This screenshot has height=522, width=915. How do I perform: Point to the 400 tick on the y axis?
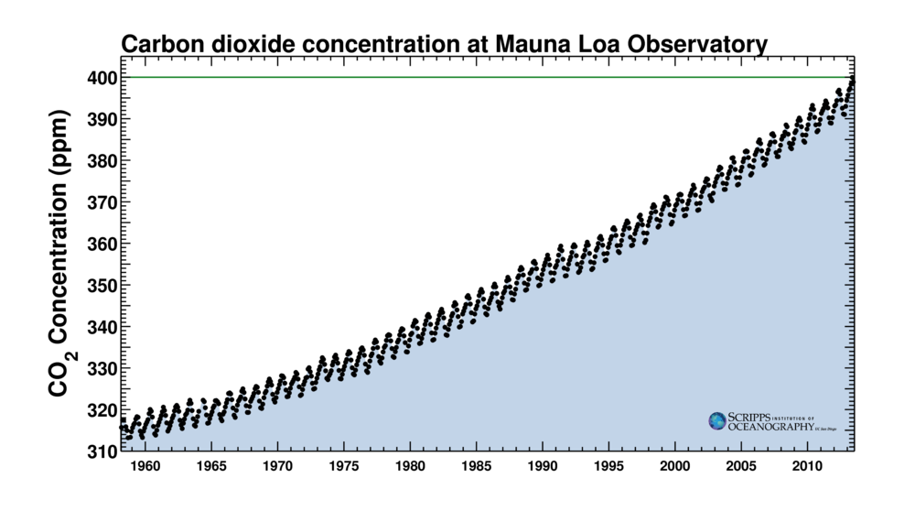point(101,78)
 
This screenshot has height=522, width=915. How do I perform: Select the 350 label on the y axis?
point(101,285)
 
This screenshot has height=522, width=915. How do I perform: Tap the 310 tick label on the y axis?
point(101,451)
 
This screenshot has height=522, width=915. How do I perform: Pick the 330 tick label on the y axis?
point(101,368)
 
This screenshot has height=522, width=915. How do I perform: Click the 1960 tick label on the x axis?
point(145,467)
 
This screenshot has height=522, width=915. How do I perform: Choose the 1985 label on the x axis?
point(477,467)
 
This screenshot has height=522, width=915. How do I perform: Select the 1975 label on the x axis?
point(344,467)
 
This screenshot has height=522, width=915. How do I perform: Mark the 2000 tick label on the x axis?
point(675,467)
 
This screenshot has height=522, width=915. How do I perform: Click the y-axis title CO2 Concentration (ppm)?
point(60,265)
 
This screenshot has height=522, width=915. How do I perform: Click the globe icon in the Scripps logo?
point(717,420)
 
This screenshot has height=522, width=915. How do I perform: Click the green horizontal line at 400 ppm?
point(457,77)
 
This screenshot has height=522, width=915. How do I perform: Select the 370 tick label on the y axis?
point(101,202)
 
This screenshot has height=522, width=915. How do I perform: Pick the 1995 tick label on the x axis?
point(609,467)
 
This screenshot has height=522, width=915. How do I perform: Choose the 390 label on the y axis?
point(101,119)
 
